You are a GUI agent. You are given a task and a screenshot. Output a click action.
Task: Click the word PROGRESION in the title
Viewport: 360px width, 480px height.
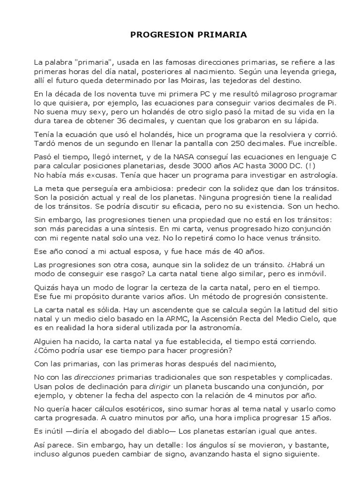(x=159, y=35)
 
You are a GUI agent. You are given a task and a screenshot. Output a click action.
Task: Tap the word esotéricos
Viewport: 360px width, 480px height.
(x=132, y=408)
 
